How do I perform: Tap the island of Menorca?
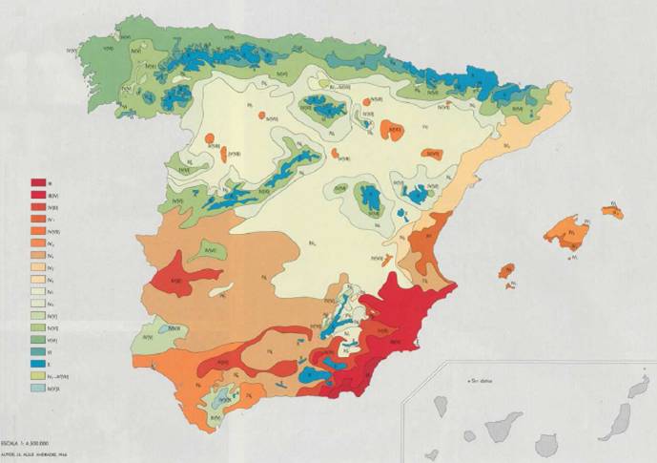point(613,210)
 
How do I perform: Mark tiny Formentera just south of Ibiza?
point(512,284)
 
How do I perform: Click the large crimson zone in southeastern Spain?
point(396,325)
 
